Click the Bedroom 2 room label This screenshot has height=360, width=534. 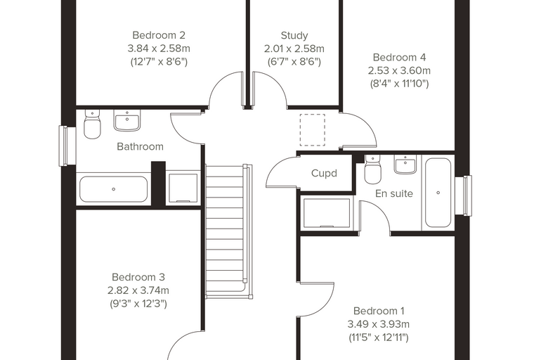click(159, 35)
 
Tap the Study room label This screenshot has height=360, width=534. click(294, 35)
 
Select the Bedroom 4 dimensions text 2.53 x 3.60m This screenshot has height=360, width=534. click(399, 70)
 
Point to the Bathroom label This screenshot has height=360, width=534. click(140, 146)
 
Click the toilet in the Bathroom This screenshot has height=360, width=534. click(92, 124)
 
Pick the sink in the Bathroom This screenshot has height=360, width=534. click(127, 120)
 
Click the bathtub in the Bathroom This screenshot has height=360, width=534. click(113, 189)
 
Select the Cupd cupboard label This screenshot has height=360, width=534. click(324, 173)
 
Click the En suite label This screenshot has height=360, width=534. click(394, 193)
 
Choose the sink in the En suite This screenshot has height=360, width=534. click(405, 165)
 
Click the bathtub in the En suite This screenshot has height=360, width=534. click(438, 193)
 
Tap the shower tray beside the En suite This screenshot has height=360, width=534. click(327, 213)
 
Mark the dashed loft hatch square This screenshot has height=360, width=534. click(312, 130)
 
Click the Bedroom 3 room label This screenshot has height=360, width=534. click(138, 277)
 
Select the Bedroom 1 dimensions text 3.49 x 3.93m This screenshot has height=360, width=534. click(378, 324)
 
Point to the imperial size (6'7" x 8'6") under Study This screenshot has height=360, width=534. click(294, 62)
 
